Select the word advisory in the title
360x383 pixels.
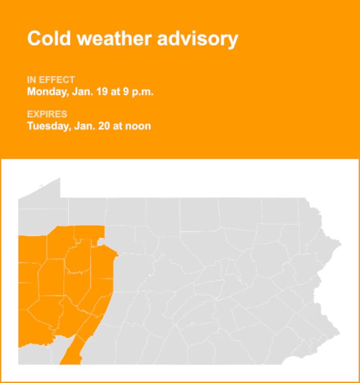tap(198, 39)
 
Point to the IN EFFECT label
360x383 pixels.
tap(51, 80)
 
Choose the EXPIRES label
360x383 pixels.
tap(47, 114)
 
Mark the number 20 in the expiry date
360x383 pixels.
tap(103, 126)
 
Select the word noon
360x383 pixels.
tap(138, 126)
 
